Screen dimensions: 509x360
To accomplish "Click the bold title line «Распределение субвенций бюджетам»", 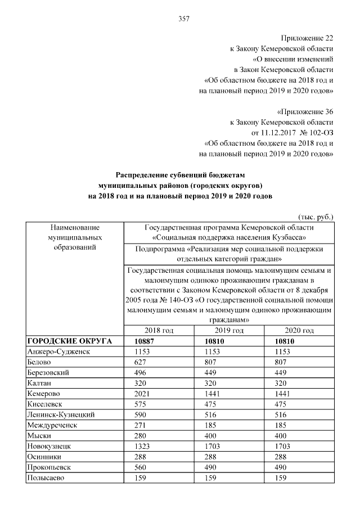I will point(181,175).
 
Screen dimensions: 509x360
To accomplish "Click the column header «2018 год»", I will point(159,330).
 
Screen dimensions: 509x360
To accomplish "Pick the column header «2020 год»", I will point(299,330).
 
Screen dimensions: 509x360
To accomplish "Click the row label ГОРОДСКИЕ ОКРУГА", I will point(69,341).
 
